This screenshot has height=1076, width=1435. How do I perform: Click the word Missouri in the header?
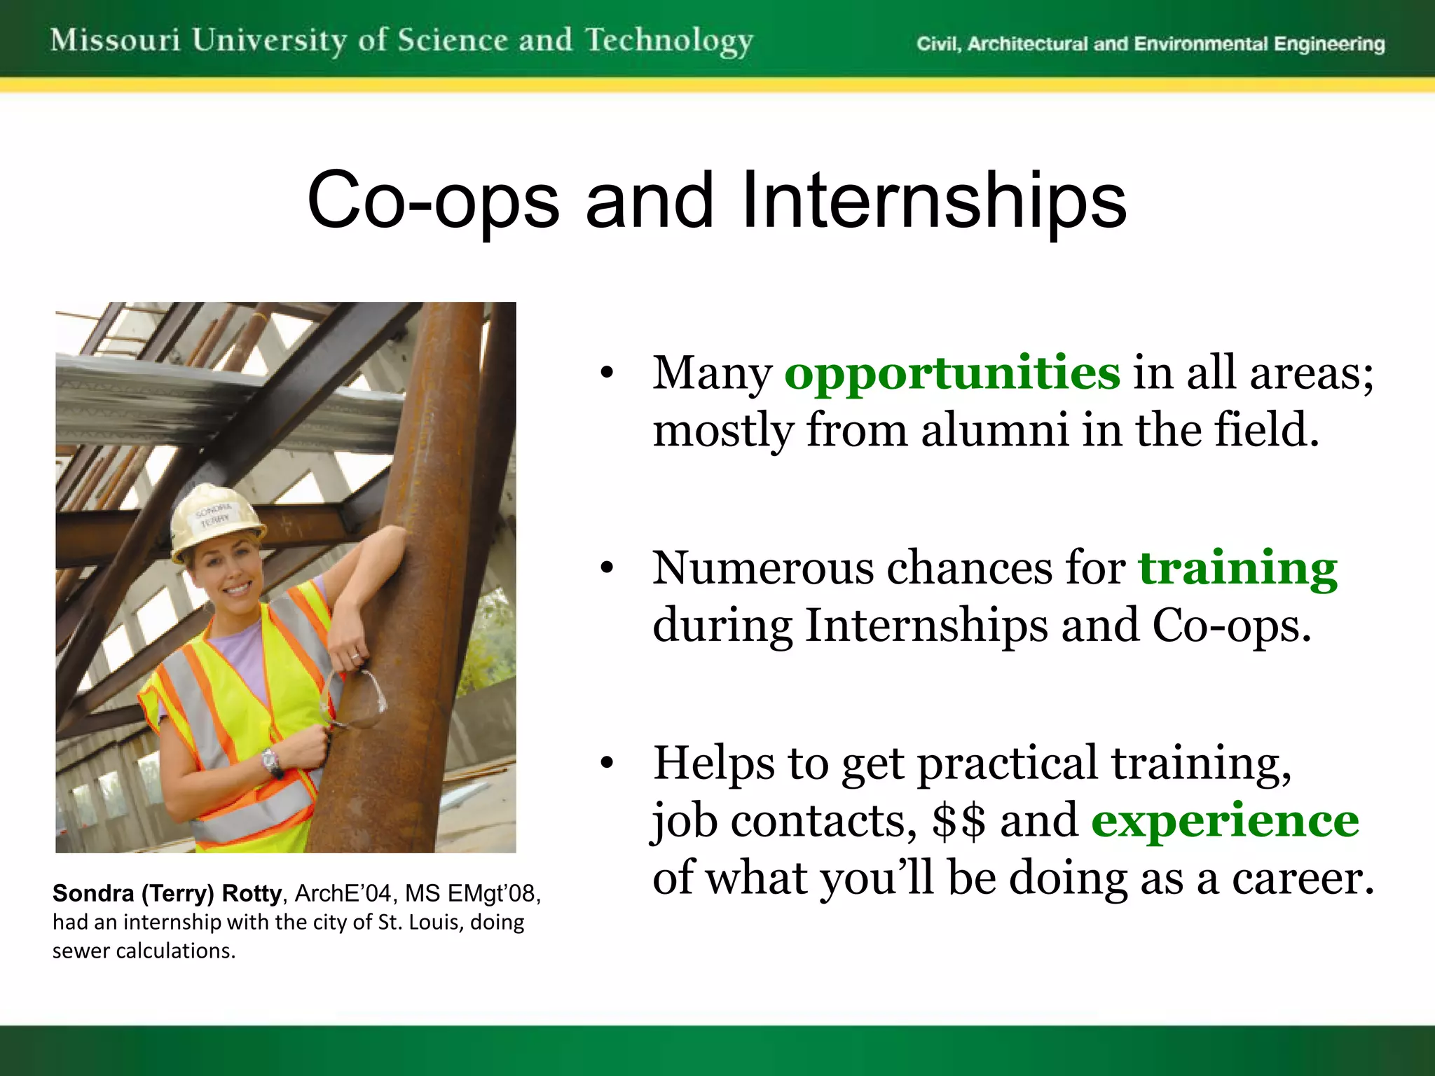[115, 40]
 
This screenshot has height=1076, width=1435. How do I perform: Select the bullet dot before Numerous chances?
[607, 567]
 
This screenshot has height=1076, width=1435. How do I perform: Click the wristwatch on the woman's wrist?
[270, 761]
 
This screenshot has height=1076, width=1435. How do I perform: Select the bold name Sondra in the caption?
[93, 893]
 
